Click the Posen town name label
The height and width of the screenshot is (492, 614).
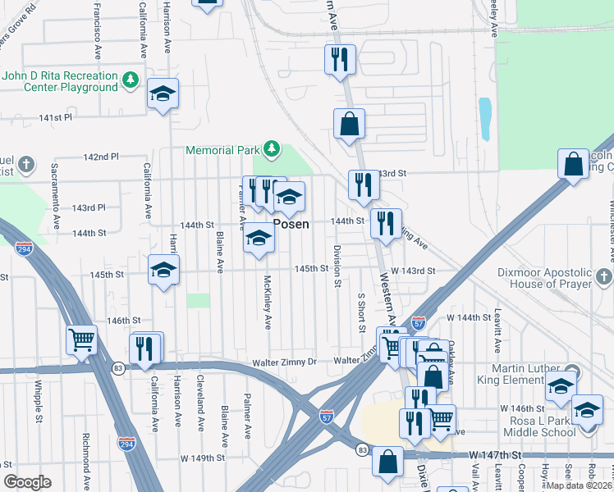tap(291, 224)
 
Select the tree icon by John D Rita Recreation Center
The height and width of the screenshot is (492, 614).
tap(129, 80)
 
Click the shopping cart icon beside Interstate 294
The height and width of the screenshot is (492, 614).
tap(82, 339)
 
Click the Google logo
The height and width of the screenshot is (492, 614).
tap(27, 482)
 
